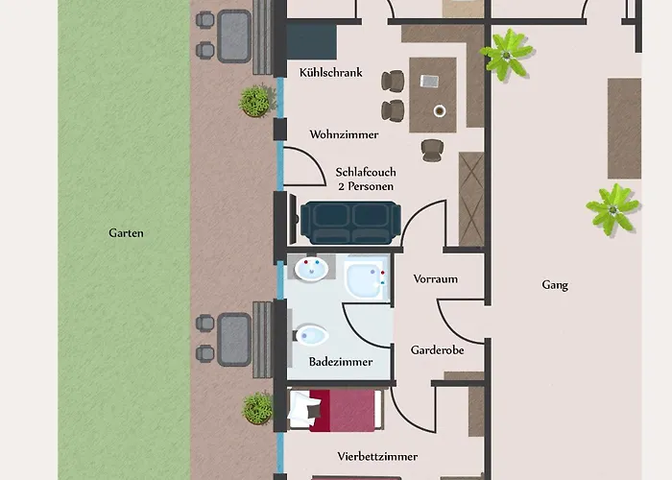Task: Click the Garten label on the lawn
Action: pyautogui.click(x=126, y=233)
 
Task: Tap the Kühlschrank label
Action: pyautogui.click(x=331, y=72)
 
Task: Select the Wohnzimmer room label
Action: pyautogui.click(x=344, y=134)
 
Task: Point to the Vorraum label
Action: pyautogui.click(x=436, y=279)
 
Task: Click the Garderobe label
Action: pyautogui.click(x=437, y=350)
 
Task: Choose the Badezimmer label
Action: pyautogui.click(x=341, y=362)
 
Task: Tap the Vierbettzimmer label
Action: pyautogui.click(x=377, y=456)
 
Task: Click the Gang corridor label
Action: pyautogui.click(x=555, y=285)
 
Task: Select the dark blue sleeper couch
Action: pyautogui.click(x=350, y=223)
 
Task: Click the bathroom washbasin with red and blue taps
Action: pyautogui.click(x=312, y=268)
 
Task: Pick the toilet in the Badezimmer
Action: pyautogui.click(x=312, y=335)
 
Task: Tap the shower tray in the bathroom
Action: pyautogui.click(x=368, y=277)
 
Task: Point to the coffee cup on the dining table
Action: pyautogui.click(x=440, y=111)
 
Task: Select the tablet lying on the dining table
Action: pyautogui.click(x=429, y=81)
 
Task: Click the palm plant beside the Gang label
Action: pyautogui.click(x=612, y=209)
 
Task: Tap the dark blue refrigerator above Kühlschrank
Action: pyautogui.click(x=312, y=42)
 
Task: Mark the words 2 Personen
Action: pyautogui.click(x=366, y=186)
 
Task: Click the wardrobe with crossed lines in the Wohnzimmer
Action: pyautogui.click(x=471, y=199)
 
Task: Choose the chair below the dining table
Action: pyautogui.click(x=432, y=150)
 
